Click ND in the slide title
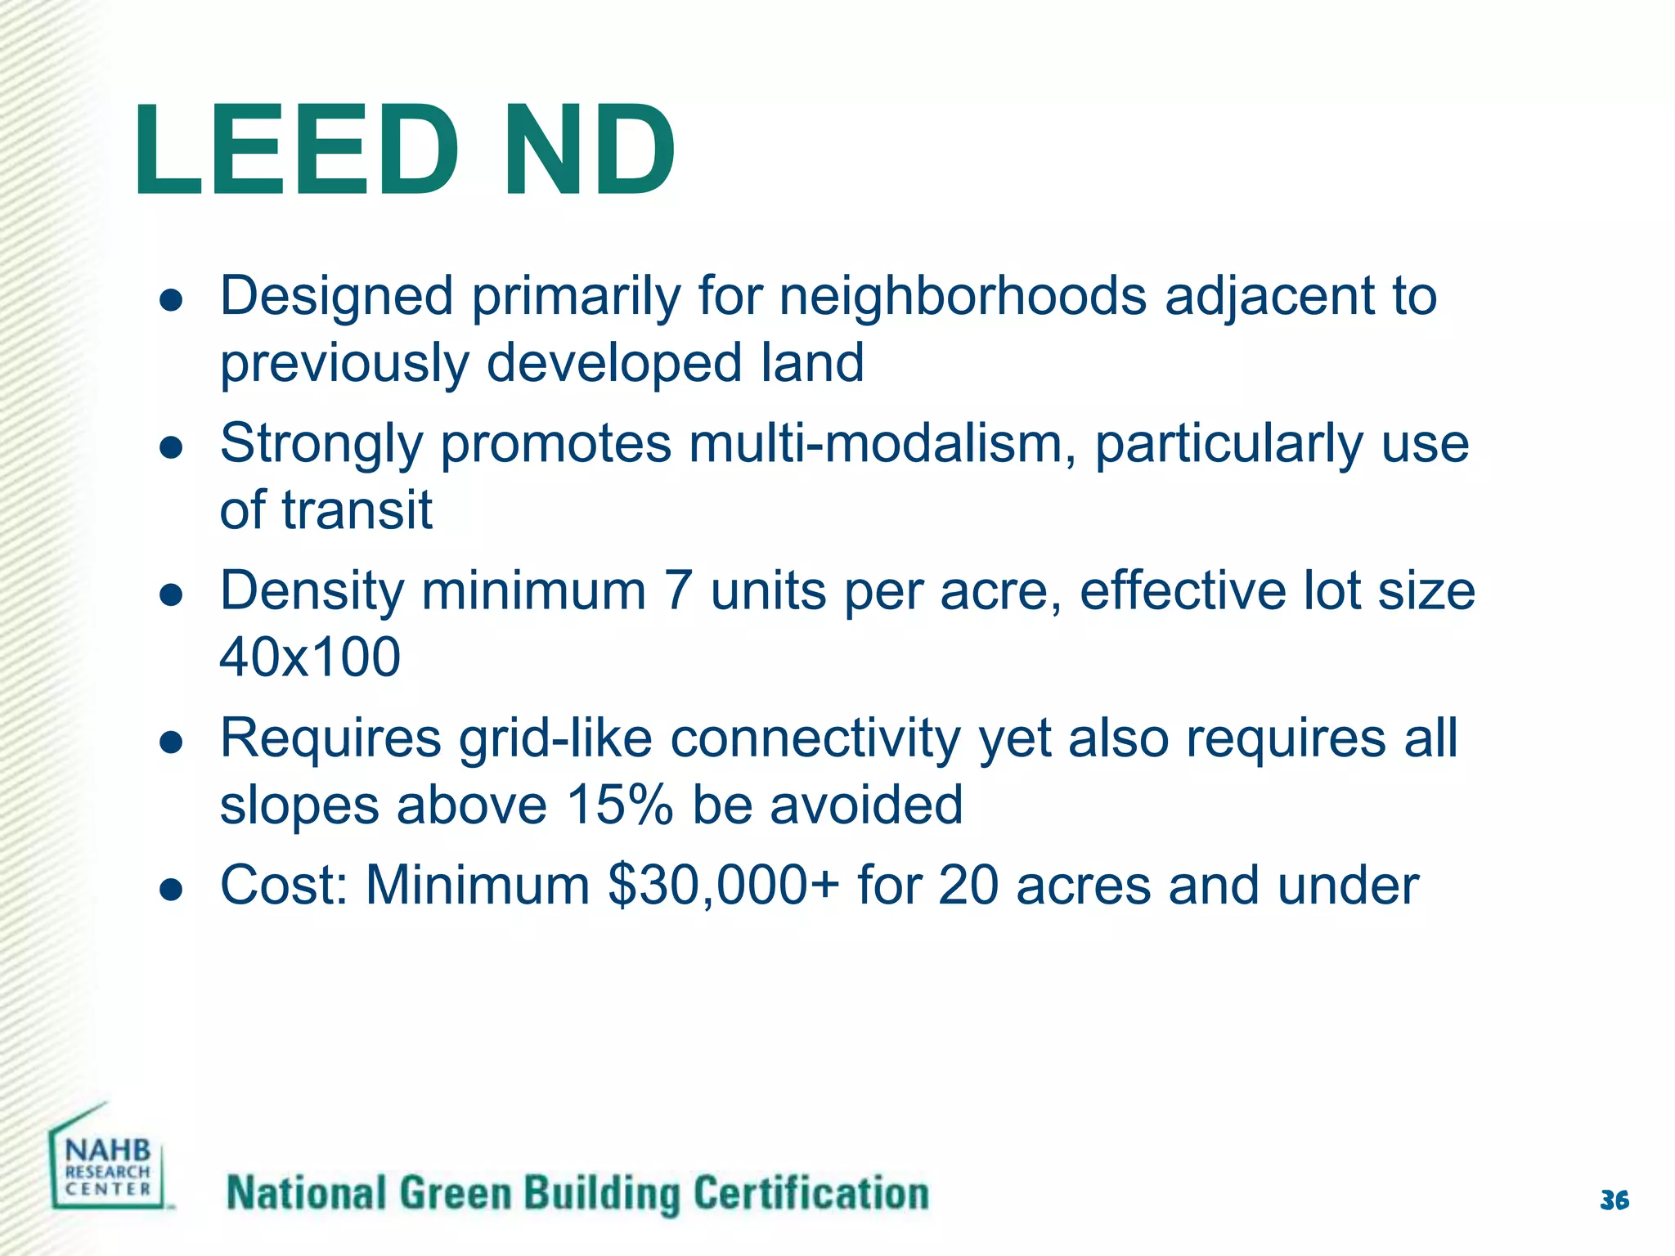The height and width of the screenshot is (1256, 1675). point(589,150)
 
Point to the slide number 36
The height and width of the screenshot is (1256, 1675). point(1614,1200)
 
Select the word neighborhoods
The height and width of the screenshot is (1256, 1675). point(963,296)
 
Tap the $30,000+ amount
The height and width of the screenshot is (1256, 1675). point(723,886)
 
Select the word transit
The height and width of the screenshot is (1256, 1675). point(357,510)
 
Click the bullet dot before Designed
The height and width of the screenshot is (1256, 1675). point(171,300)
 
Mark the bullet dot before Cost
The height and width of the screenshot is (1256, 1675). point(171,889)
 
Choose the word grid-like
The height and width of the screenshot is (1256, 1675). point(555,739)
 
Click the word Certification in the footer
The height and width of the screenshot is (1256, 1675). point(811,1194)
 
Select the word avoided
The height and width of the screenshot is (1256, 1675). point(866,805)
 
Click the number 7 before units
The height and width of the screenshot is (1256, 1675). point(678,591)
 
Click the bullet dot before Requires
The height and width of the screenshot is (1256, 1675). point(171,742)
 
